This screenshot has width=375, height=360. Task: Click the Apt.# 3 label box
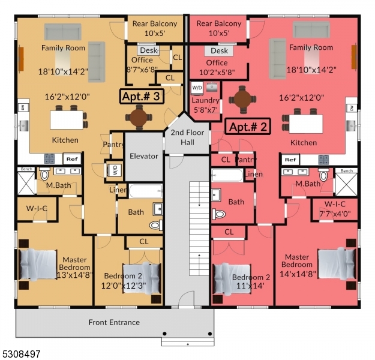(142, 96)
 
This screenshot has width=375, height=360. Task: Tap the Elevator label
(144, 156)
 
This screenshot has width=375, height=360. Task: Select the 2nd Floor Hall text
(186, 137)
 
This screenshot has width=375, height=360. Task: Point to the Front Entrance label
(114, 322)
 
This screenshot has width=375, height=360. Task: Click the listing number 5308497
(21, 355)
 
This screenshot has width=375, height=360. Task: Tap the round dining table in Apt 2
(242, 100)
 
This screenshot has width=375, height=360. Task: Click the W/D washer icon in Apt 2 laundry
(197, 88)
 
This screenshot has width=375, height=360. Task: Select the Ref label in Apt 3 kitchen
(71, 159)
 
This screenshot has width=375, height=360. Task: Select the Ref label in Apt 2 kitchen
(290, 160)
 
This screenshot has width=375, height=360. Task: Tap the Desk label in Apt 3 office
(148, 51)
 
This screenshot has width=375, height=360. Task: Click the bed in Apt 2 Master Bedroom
(334, 264)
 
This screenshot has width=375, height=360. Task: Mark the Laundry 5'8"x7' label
(206, 105)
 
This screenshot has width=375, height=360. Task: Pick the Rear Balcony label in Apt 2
(219, 28)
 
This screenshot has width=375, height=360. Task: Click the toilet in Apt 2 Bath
(219, 213)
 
